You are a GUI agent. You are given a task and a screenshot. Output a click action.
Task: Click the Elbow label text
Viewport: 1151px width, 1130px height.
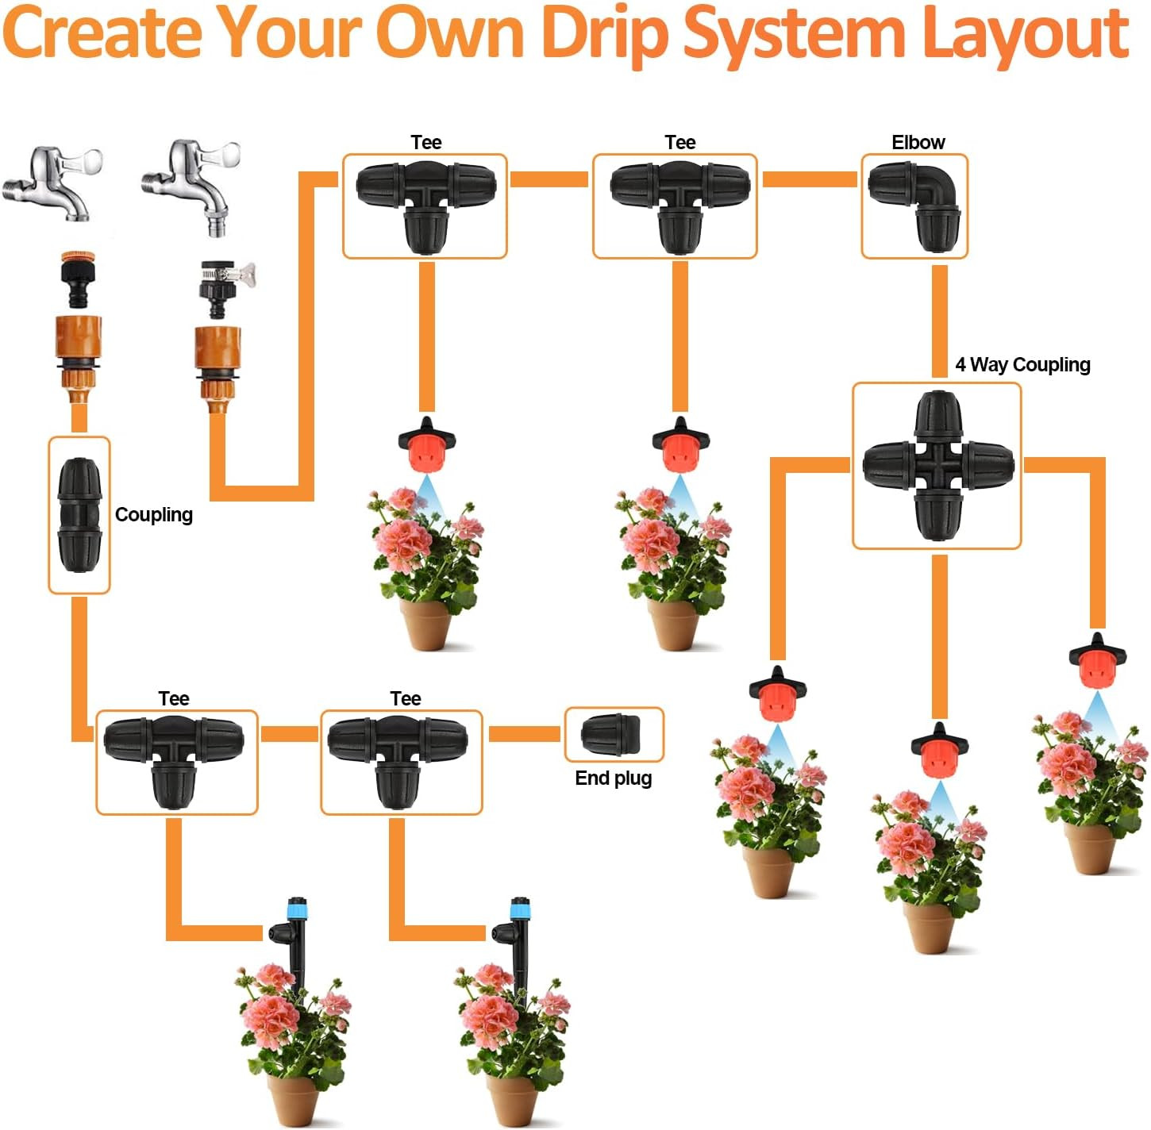click(x=918, y=142)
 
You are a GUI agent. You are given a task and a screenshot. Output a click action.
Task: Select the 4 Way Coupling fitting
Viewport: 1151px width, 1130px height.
click(x=937, y=466)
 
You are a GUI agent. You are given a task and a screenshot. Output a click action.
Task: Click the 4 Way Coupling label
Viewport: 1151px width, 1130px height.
click(x=1022, y=364)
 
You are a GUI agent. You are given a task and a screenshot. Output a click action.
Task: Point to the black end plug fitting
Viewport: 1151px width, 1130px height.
click(x=612, y=735)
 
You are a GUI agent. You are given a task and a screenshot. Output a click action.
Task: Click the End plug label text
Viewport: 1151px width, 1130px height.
click(x=613, y=778)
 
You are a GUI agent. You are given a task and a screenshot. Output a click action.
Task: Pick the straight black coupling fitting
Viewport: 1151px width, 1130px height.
click(x=79, y=514)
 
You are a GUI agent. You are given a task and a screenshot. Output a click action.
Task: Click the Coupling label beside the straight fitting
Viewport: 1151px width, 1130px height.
click(x=154, y=514)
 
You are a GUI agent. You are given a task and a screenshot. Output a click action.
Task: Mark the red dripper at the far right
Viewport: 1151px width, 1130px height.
click(x=1097, y=662)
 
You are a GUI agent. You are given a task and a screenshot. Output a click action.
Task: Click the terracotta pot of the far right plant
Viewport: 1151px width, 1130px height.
click(x=1090, y=848)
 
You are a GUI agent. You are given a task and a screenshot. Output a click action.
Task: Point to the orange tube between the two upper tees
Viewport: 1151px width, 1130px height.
click(x=549, y=179)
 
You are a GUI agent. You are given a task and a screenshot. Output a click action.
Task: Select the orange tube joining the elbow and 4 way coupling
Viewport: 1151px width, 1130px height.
click(x=940, y=321)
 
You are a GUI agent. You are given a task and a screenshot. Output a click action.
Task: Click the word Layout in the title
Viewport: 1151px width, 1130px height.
click(x=1026, y=33)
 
